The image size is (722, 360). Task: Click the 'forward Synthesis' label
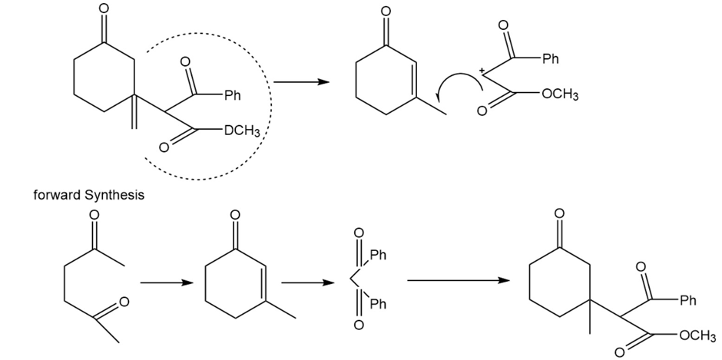pos(89,195)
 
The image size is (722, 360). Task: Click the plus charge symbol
pos(482,71)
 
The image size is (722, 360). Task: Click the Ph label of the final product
pos(687,299)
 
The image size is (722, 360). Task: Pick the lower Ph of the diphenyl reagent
pos(378,306)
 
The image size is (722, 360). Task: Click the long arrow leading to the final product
pos(458,280)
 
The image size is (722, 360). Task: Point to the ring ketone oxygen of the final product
pos(560,214)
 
